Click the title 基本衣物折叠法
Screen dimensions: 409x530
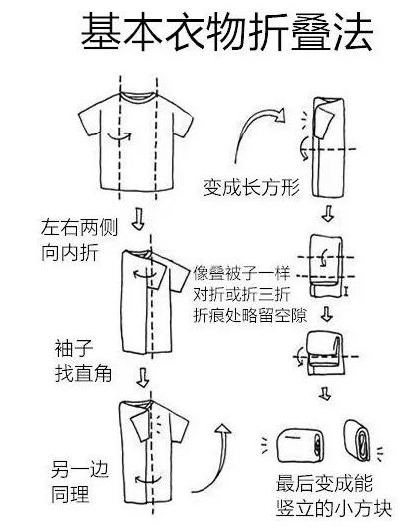tap(226, 32)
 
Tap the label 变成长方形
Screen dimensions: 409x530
tap(251, 187)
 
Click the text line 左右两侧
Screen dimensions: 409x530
tap(79, 227)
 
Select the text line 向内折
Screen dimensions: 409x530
tap(70, 252)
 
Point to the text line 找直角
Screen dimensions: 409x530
tap(83, 374)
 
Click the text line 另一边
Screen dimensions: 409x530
tap(80, 469)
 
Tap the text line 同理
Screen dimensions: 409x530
tap(70, 494)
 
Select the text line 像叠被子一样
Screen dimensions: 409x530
tap(241, 273)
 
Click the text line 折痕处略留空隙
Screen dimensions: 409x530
tap(250, 315)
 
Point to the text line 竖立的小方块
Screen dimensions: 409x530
tap(334, 508)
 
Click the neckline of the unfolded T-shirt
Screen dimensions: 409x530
tap(138, 96)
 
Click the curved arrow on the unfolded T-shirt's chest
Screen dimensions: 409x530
tap(119, 136)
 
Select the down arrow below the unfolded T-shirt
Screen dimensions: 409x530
tap(138, 219)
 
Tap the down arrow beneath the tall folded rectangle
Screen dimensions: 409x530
tap(327, 213)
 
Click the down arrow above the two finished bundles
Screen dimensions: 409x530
tap(325, 395)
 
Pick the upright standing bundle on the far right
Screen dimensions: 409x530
tap(357, 440)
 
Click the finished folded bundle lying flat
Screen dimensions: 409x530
tap(300, 445)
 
